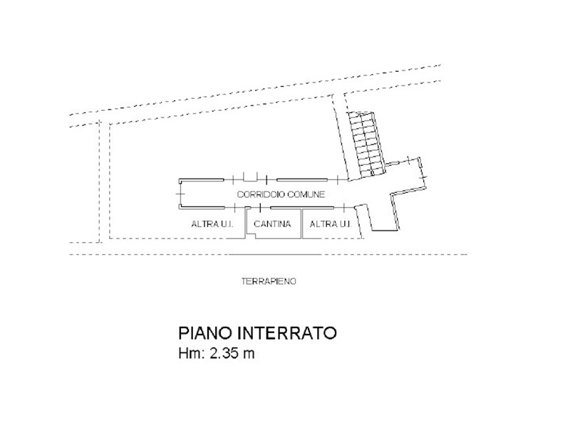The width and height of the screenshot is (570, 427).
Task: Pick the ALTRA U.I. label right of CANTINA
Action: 330,224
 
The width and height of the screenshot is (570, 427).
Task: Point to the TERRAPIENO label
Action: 269,281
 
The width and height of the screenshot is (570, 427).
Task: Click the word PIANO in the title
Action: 199,333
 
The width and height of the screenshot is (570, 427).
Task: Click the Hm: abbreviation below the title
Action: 190,354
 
